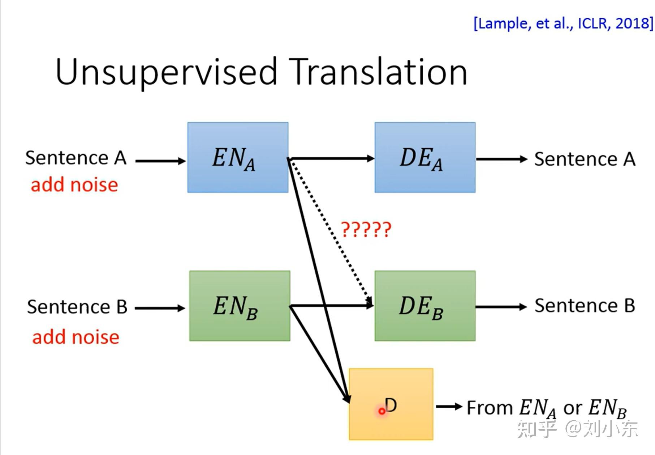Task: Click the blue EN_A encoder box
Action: tap(238, 157)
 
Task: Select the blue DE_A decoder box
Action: tap(425, 157)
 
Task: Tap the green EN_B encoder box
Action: tap(240, 306)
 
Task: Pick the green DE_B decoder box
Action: tap(425, 306)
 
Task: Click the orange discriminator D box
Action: tap(391, 404)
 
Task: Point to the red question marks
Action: tap(366, 230)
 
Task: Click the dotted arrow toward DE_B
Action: tap(331, 231)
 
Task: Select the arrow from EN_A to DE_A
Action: tap(332, 158)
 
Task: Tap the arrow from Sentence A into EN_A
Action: tap(160, 161)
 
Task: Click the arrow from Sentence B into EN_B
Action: tap(160, 308)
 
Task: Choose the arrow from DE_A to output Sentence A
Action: tap(501, 159)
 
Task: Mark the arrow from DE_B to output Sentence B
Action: tap(501, 307)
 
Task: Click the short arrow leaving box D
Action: tap(448, 407)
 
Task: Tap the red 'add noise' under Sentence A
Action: tap(74, 185)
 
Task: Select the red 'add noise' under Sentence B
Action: tap(76, 337)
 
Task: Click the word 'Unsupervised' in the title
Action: tap(166, 72)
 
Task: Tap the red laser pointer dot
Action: tap(382, 411)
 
